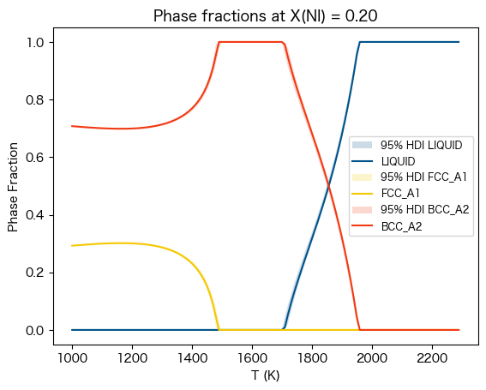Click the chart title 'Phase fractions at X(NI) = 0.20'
tap(265, 16)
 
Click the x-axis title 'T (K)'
tap(265, 375)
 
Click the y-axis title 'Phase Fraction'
tap(13, 186)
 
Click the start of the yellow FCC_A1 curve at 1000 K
tap(72, 246)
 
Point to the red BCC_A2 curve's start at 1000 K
tap(72, 126)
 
